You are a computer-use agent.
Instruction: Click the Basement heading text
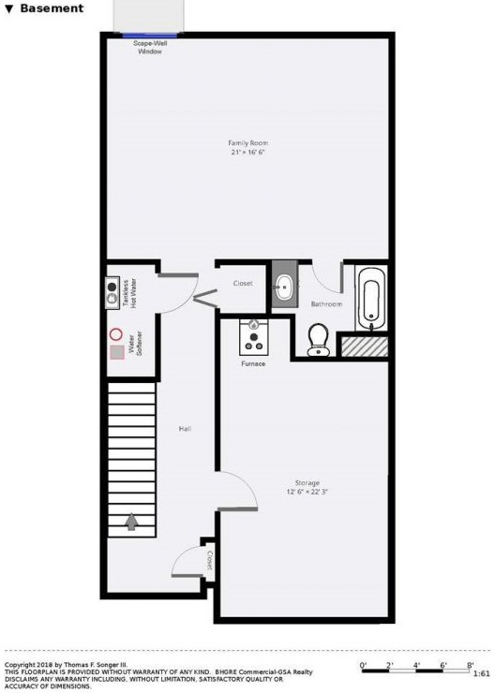(52, 7)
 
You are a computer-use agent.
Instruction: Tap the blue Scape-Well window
(149, 35)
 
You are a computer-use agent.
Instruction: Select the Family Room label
(247, 142)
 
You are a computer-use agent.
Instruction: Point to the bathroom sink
(283, 287)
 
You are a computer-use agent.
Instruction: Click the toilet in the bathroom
(318, 340)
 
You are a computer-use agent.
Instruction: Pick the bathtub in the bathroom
(371, 299)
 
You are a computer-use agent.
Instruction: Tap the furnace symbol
(253, 337)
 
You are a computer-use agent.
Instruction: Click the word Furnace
(253, 363)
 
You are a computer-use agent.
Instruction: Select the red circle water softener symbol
(116, 334)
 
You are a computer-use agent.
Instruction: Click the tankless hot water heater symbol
(112, 293)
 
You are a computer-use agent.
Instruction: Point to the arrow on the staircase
(131, 522)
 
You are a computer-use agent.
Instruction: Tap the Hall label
(185, 429)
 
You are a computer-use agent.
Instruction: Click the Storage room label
(307, 482)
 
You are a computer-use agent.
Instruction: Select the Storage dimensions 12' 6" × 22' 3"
(307, 492)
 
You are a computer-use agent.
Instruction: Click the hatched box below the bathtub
(365, 346)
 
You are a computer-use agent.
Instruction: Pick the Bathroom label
(326, 304)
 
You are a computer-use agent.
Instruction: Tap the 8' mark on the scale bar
(470, 665)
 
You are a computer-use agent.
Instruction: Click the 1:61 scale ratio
(481, 674)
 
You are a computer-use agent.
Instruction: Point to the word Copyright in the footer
(20, 665)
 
